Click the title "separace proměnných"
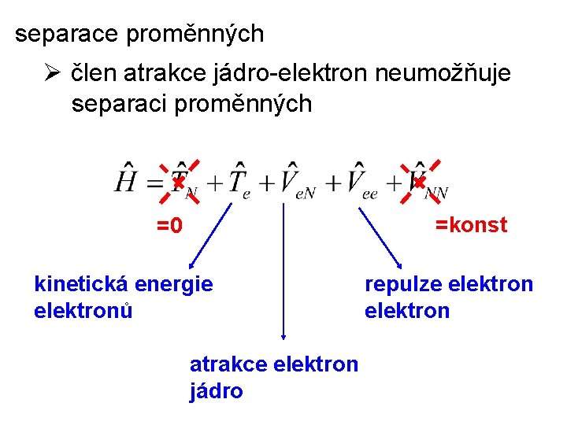coord(140,35)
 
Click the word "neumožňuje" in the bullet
coord(443,74)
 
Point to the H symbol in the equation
coord(126,179)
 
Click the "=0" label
coord(169,227)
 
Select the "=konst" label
coord(472,225)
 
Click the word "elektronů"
coord(83,311)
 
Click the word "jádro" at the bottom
coord(216,391)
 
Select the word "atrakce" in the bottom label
coord(229,364)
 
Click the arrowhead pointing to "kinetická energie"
coord(190,265)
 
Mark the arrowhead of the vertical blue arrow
coord(283,336)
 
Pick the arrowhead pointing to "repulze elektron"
coord(399,264)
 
